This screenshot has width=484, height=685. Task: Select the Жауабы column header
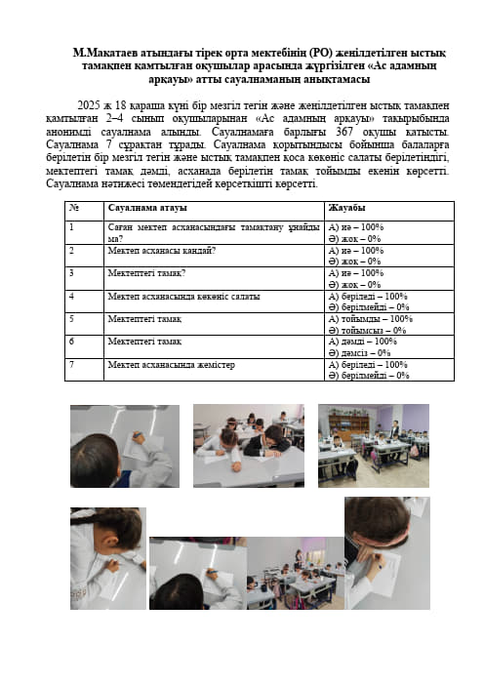(x=347, y=208)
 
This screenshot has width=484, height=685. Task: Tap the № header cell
(x=72, y=208)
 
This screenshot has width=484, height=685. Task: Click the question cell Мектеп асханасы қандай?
(x=162, y=251)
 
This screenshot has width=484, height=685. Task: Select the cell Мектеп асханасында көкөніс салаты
(x=170, y=296)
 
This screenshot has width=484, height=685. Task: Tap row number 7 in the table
(x=71, y=365)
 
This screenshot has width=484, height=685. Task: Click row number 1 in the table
(x=71, y=227)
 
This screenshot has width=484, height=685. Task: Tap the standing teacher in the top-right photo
(x=394, y=428)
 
